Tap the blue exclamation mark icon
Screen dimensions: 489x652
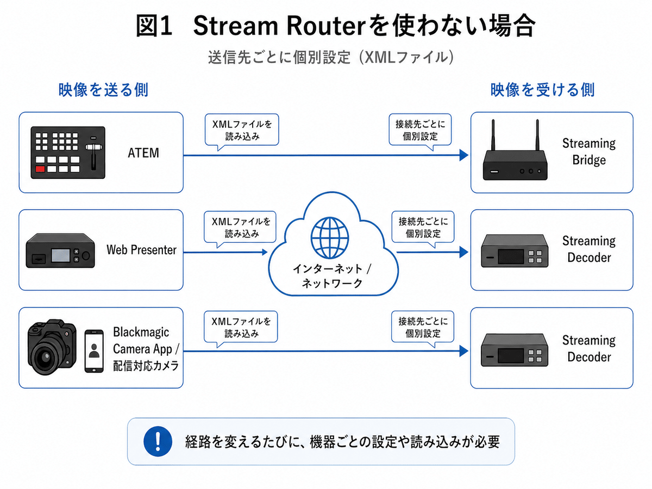pyautogui.click(x=154, y=441)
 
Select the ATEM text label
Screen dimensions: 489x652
pyautogui.click(x=143, y=153)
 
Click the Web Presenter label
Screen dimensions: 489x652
pyautogui.click(x=141, y=250)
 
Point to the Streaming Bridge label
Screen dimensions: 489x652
pyautogui.click(x=589, y=152)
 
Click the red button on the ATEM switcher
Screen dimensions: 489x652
pyautogui.click(x=39, y=170)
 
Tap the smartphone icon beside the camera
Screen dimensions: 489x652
pyautogui.click(x=94, y=350)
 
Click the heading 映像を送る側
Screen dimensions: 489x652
pyautogui.click(x=103, y=90)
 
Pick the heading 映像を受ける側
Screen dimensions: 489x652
pyautogui.click(x=543, y=90)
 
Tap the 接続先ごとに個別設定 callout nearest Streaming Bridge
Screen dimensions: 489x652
pyautogui.click(x=421, y=129)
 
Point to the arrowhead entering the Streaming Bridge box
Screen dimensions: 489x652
pyautogui.click(x=463, y=155)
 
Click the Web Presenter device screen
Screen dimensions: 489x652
pyautogui.click(x=60, y=254)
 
